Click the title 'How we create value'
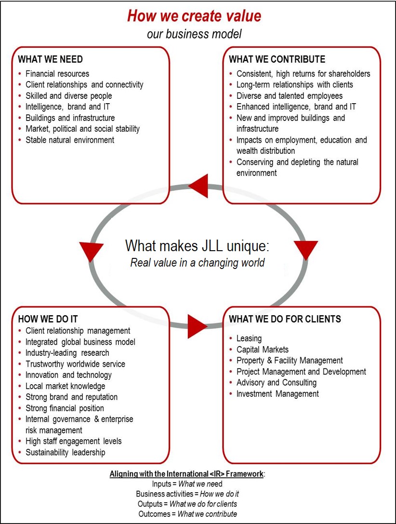[194, 15]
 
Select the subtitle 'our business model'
[194, 34]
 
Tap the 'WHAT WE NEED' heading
[50, 59]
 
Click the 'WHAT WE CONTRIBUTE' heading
[277, 59]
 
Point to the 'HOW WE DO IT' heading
[48, 319]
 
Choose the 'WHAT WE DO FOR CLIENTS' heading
[285, 319]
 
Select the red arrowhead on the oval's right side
[305, 250]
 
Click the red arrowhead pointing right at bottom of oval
[197, 327]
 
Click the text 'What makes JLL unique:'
[197, 245]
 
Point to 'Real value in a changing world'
[198, 263]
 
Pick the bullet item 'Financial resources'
[57, 74]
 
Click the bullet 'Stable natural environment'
[70, 140]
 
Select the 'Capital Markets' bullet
[263, 349]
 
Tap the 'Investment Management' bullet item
[277, 394]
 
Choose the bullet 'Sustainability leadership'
[65, 452]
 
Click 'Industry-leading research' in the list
[67, 353]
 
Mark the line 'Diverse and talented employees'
[290, 96]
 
